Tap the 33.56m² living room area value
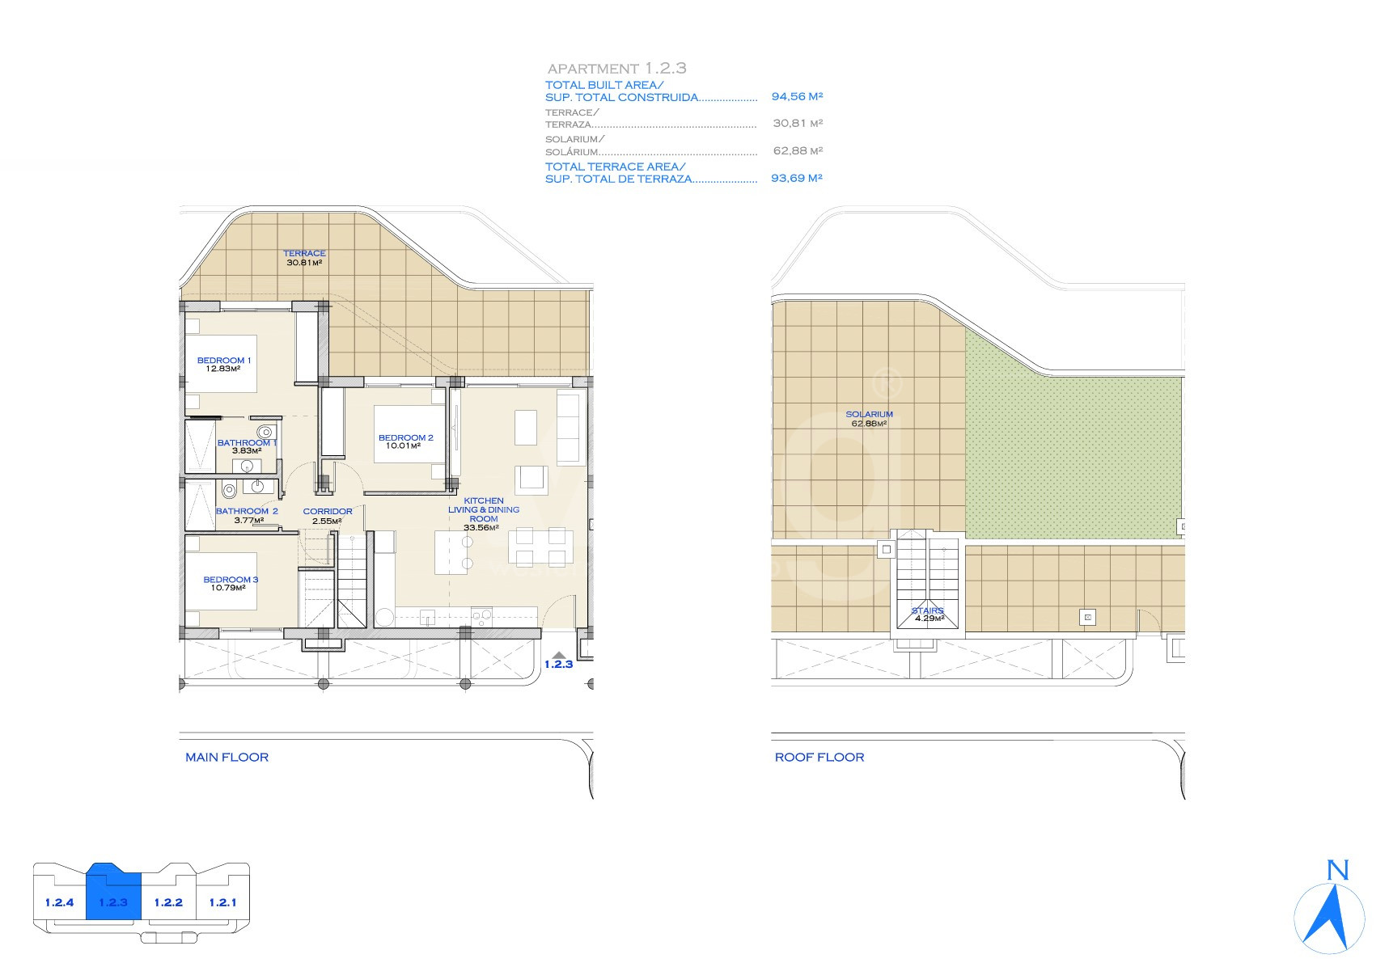pos(481,528)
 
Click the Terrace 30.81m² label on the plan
pos(304,258)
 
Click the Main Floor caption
pos(227,758)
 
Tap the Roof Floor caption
pos(819,758)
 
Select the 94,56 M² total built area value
pos(797,96)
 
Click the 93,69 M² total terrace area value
pos(797,178)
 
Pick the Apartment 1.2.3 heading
pos(617,69)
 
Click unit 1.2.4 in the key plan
pos(60,902)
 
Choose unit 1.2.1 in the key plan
pos(222,902)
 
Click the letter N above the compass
pos(1338,870)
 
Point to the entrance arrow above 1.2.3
pos(557,655)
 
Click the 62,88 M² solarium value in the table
pos(798,150)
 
